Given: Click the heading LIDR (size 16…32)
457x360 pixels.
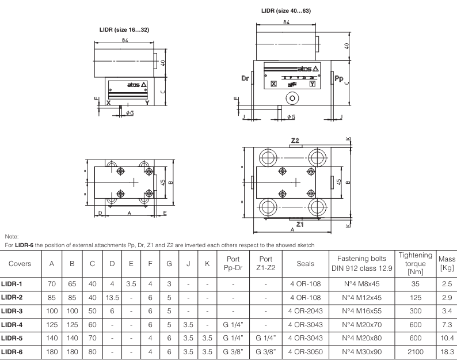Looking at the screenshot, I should click(125, 29).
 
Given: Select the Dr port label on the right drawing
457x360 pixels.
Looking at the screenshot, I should click(243, 77).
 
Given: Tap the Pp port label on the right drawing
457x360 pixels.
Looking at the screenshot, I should click(339, 77).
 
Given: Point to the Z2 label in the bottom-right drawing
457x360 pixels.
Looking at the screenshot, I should click(295, 141).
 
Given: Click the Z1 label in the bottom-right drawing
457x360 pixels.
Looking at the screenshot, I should click(299, 223).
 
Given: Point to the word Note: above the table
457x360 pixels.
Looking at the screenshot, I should click(11, 236).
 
